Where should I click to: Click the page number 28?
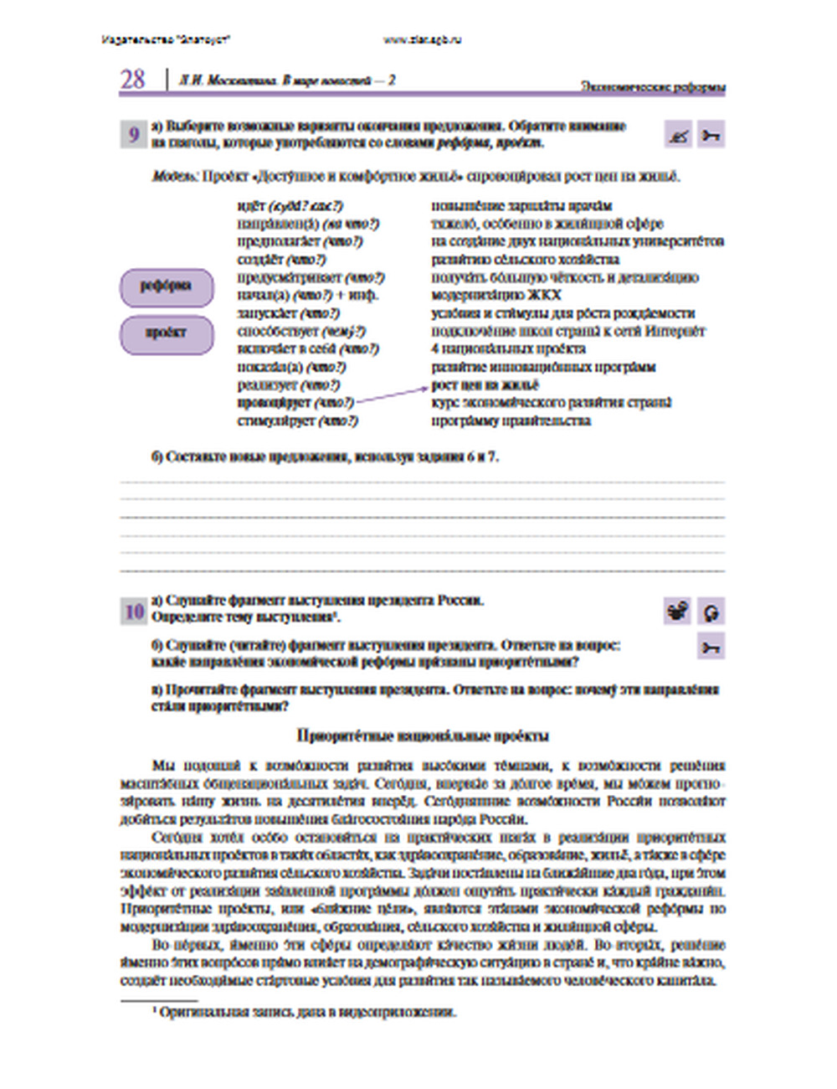(133, 80)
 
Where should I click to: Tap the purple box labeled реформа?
(167, 287)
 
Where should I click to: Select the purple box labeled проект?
(167, 333)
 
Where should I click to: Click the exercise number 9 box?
(134, 134)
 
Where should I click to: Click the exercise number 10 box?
(134, 612)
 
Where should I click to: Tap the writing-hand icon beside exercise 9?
(678, 135)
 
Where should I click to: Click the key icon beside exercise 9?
(711, 135)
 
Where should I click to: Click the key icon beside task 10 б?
(711, 647)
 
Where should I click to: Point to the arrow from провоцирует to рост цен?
(391, 395)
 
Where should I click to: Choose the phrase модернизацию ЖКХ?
(496, 295)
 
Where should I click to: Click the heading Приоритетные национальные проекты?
(423, 735)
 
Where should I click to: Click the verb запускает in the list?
(267, 313)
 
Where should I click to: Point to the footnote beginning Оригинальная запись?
(306, 1012)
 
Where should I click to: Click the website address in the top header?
(422, 39)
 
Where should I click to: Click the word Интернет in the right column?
(675, 331)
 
